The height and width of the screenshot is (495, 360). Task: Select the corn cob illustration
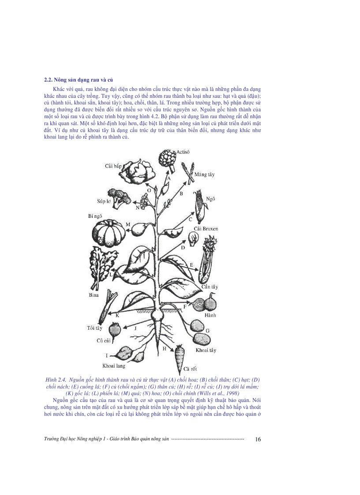tap(200, 205)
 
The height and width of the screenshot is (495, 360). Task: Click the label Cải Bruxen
tap(206, 229)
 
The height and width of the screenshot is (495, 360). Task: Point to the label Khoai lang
tap(114, 365)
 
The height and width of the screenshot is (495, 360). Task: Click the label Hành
tap(209, 316)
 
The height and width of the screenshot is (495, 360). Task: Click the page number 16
tap(258, 439)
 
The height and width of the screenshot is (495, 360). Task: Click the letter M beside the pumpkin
tap(127, 225)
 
